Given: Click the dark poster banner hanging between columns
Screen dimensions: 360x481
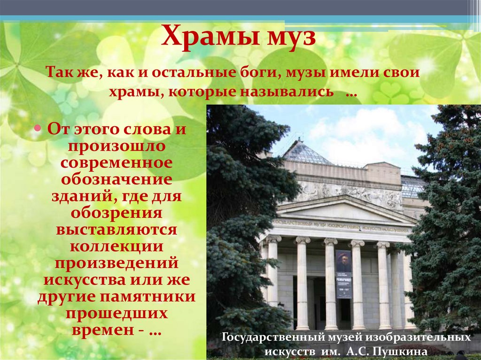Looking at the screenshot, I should [x=343, y=274].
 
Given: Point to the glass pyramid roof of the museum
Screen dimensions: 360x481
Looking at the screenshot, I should [x=306, y=153].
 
